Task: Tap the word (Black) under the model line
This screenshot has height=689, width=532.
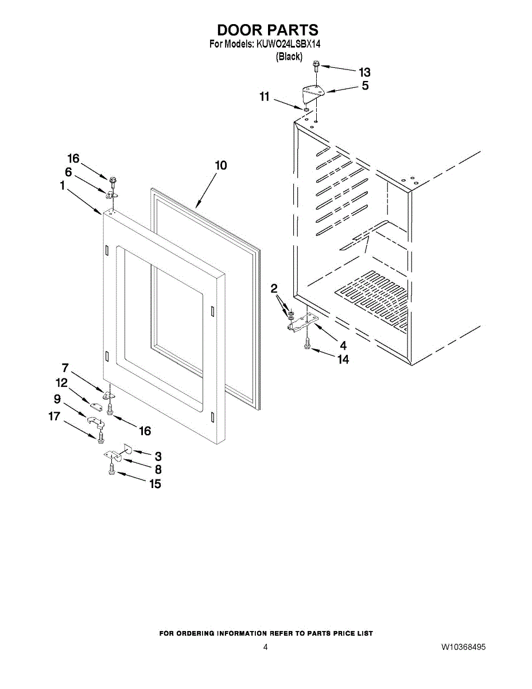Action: (x=289, y=56)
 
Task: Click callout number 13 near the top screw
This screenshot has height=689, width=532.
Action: (x=364, y=72)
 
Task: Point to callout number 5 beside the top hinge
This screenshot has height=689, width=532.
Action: (x=365, y=86)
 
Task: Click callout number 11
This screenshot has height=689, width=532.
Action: (x=264, y=97)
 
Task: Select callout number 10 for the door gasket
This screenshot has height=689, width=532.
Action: (x=220, y=165)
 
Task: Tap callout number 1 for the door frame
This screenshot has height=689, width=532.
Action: (x=61, y=185)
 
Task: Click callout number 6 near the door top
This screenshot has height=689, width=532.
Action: (x=68, y=172)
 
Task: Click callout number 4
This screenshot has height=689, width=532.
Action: (x=343, y=346)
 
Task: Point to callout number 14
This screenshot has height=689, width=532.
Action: (x=343, y=359)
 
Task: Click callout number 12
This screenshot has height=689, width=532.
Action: (x=61, y=382)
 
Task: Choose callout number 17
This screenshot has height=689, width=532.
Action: (x=54, y=417)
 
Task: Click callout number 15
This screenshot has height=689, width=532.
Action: (x=155, y=484)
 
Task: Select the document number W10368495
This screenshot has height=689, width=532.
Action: (x=463, y=647)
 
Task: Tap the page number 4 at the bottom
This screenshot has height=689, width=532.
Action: (x=265, y=647)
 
